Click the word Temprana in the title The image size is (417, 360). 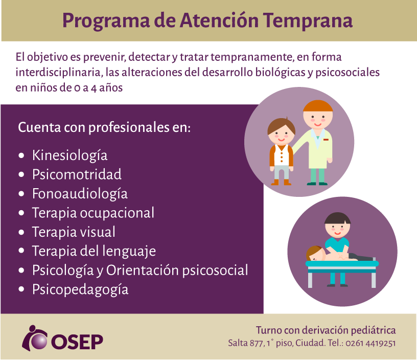pyautogui.click(x=308, y=21)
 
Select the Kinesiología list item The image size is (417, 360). pyautogui.click(x=69, y=155)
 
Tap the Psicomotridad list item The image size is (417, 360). pyautogui.click(x=77, y=174)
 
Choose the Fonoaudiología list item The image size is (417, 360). pyautogui.click(x=80, y=194)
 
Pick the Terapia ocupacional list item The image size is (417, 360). pyautogui.click(x=93, y=213)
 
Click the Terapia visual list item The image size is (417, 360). pyautogui.click(x=74, y=232)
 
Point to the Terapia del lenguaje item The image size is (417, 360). pyautogui.click(x=94, y=252)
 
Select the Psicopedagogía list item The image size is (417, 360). pyautogui.click(x=80, y=290)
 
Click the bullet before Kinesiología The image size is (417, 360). pyautogui.click(x=21, y=155)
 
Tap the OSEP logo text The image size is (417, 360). pyautogui.click(x=77, y=342)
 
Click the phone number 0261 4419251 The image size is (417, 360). pyautogui.click(x=370, y=343)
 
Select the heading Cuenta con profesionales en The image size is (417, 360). pyautogui.click(x=104, y=127)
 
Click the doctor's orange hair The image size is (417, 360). pyautogui.click(x=318, y=106)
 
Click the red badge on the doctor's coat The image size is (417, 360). pyautogui.click(x=326, y=140)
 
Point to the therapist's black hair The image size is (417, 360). pyautogui.click(x=337, y=218)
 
